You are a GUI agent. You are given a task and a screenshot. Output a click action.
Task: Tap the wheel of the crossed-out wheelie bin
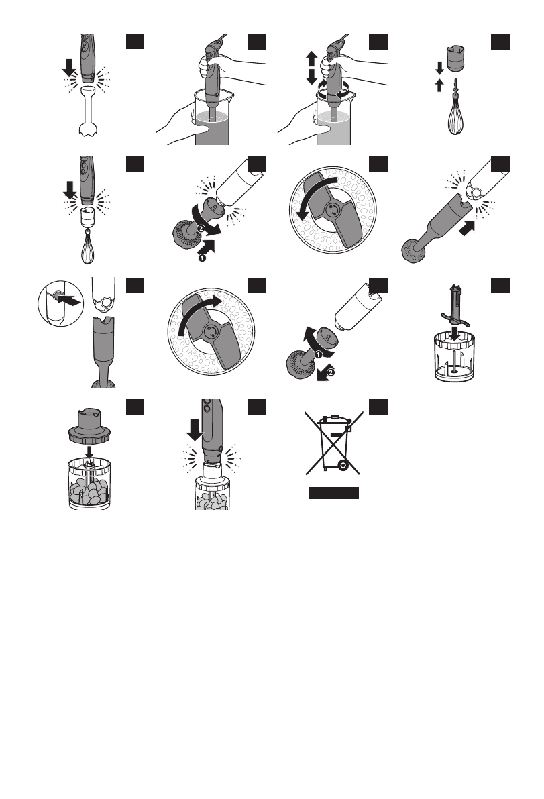(x=343, y=464)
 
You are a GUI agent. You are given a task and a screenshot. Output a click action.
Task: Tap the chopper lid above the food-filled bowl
(x=89, y=426)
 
